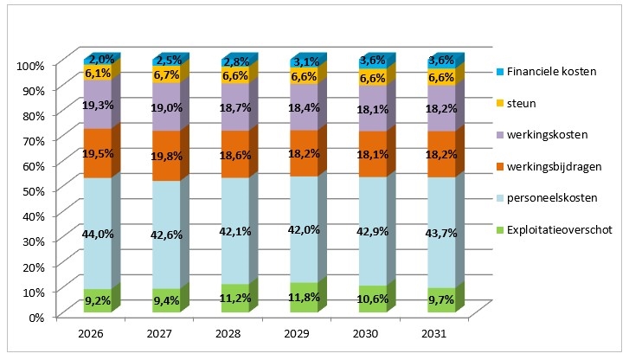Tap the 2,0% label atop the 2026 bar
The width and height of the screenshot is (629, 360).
pos(99,59)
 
